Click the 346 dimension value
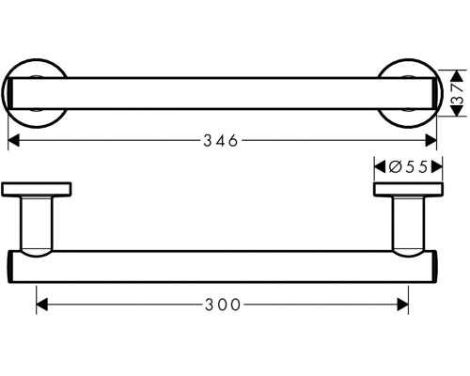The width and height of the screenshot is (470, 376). click(x=222, y=141)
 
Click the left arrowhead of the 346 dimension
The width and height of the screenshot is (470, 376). click(x=14, y=141)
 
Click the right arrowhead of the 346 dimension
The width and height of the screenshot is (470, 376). click(x=433, y=141)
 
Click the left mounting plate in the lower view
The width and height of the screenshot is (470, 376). click(x=37, y=190)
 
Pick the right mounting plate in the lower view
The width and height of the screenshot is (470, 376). click(x=407, y=190)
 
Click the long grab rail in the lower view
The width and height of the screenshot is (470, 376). click(x=222, y=267)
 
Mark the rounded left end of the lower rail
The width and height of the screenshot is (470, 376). click(x=11, y=267)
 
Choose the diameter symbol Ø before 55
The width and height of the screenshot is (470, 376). click(x=394, y=166)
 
